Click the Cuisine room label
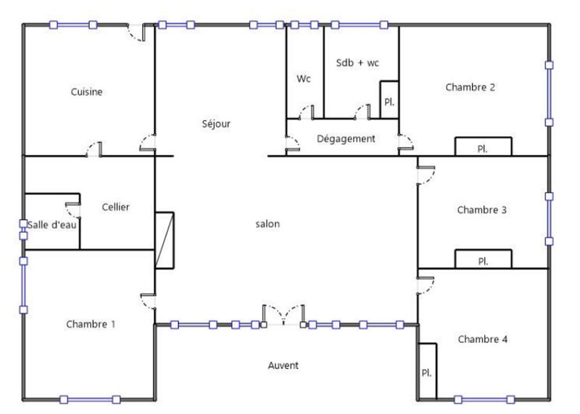86,92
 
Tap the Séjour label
216,124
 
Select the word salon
268,224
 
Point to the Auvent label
283,365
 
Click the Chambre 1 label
91,324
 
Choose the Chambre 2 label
471,88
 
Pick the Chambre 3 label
481,210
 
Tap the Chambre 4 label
482,339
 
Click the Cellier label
116,207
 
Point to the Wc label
303,79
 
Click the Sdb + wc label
357,63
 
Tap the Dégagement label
346,138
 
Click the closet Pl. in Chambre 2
483,147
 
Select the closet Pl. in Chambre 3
483,260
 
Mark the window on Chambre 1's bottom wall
90,399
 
